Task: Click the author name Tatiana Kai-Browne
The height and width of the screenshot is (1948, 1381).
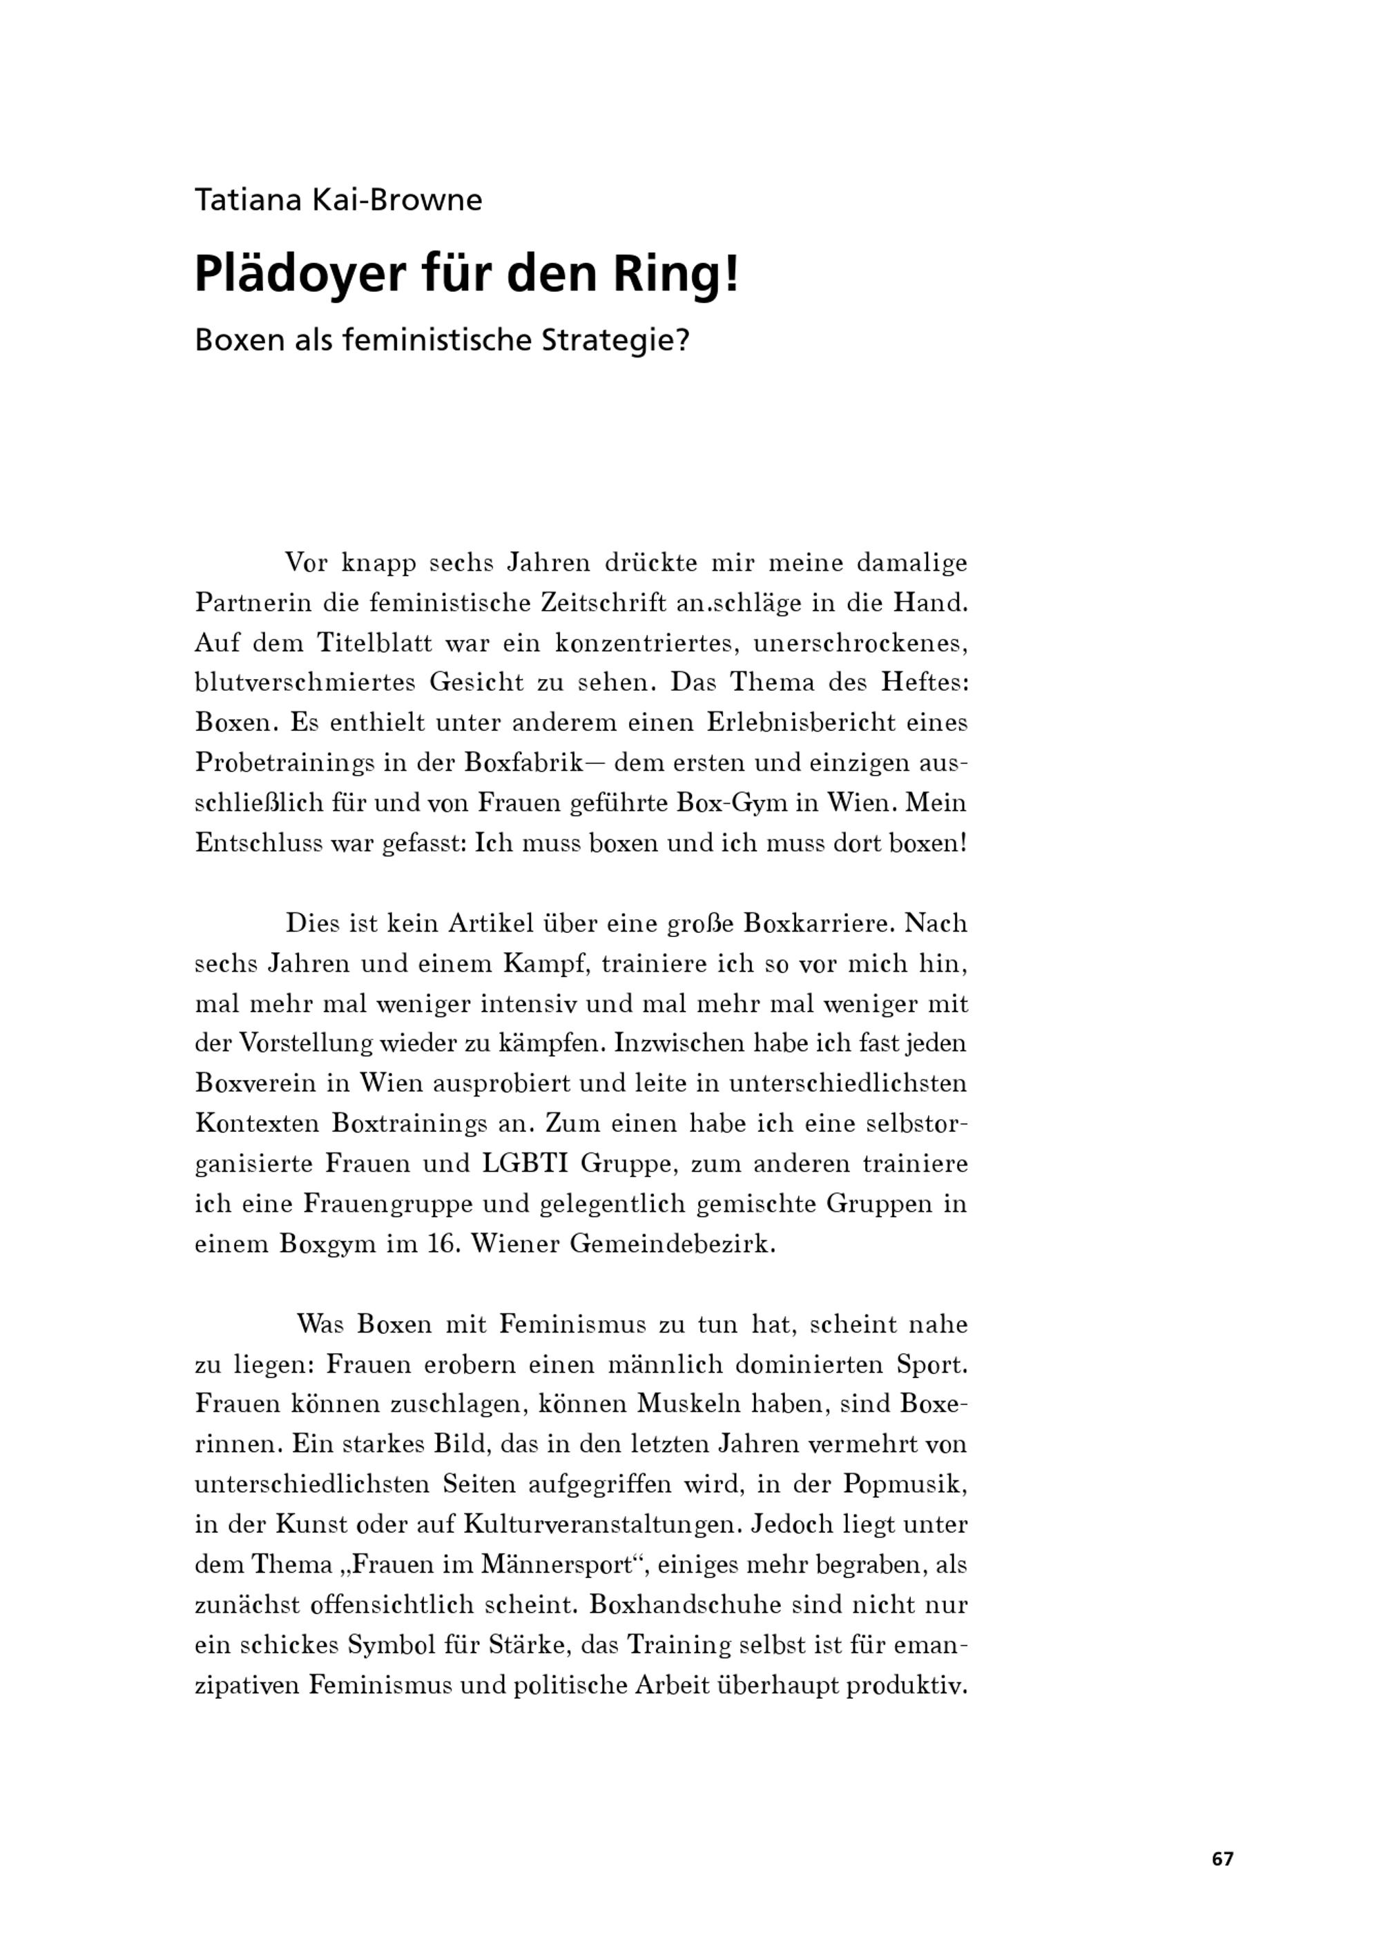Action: [x=338, y=201]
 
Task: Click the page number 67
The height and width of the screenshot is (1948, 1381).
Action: [x=1222, y=1859]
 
